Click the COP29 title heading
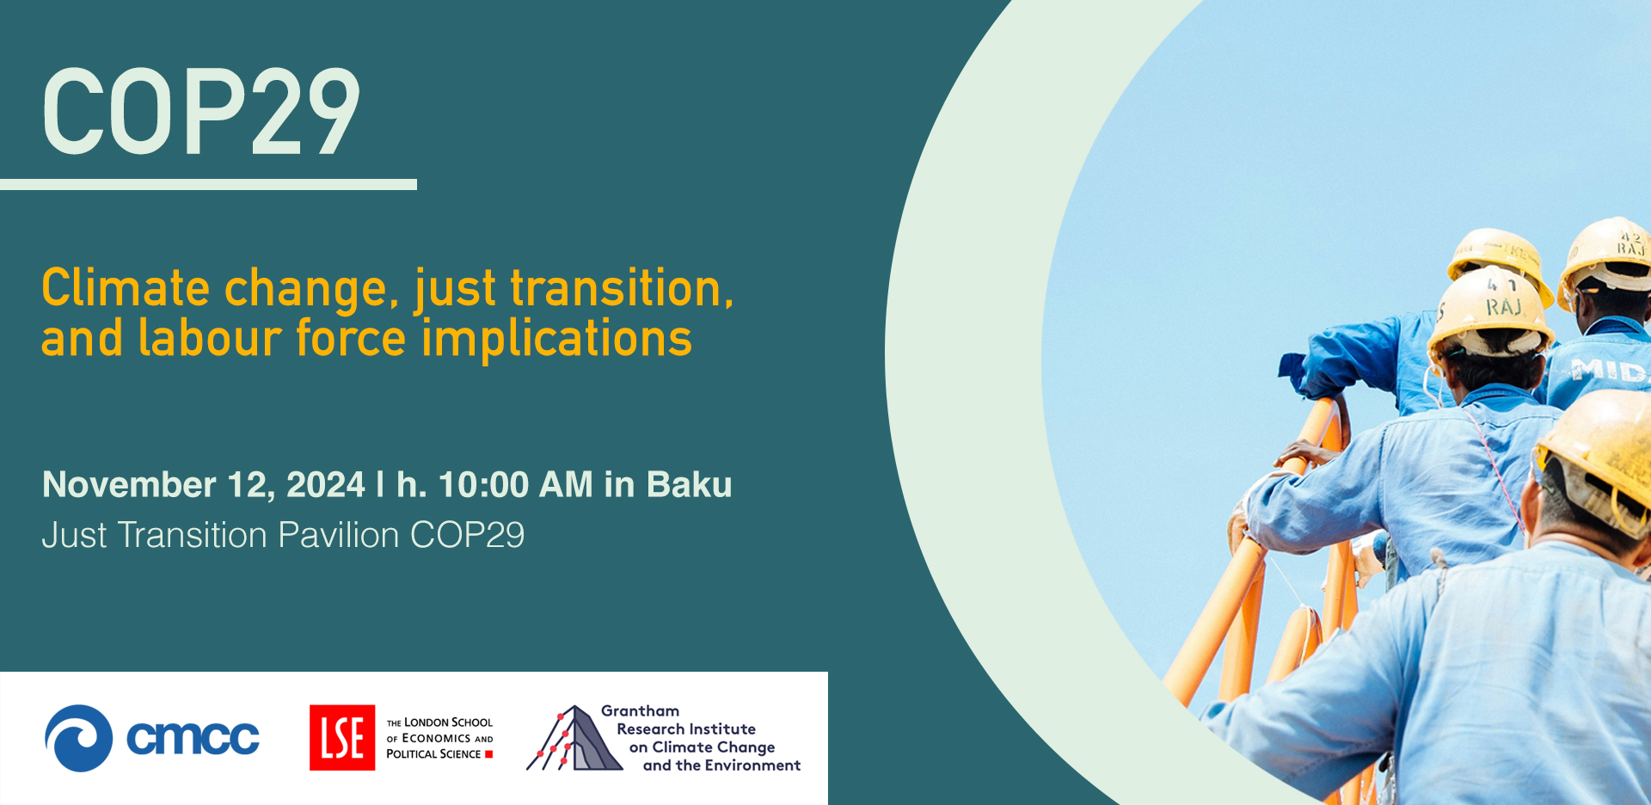click(201, 112)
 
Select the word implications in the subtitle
click(556, 340)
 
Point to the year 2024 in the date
click(326, 485)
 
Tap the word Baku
click(689, 485)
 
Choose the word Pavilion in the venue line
click(339, 535)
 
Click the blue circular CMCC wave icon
click(79, 738)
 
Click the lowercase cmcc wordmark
click(193, 738)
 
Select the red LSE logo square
click(342, 738)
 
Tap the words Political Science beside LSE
click(433, 754)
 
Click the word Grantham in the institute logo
click(640, 711)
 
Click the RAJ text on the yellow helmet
click(1504, 307)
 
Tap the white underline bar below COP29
click(208, 184)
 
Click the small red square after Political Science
click(489, 754)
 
